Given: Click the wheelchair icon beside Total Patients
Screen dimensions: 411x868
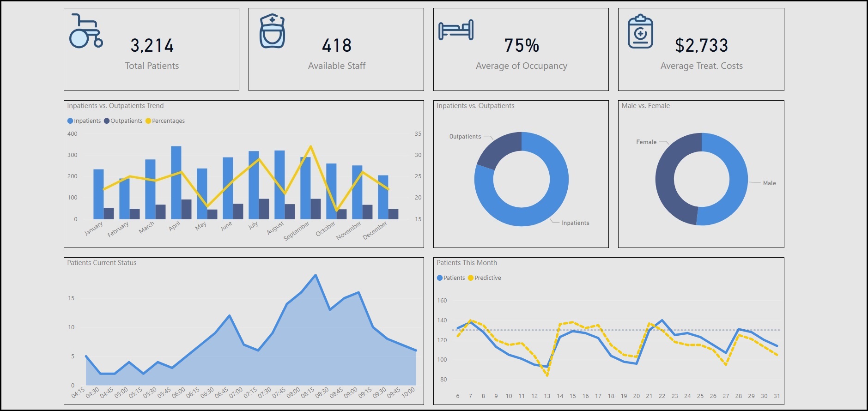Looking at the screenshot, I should (x=86, y=31).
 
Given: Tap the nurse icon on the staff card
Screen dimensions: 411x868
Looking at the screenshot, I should (x=272, y=31).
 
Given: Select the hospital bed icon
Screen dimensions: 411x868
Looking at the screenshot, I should (x=456, y=30).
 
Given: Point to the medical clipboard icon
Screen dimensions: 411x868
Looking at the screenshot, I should (x=640, y=31).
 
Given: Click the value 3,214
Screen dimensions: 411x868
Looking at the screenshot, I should (x=152, y=46).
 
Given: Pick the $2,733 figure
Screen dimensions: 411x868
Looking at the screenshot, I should (x=701, y=46).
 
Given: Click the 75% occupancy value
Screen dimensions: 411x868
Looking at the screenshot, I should (x=522, y=46).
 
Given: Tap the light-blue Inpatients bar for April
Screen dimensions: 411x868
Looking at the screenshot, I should (x=176, y=182).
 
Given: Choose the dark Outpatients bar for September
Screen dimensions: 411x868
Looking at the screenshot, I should (x=316, y=209).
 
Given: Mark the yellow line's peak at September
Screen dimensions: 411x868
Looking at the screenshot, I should (x=310, y=146).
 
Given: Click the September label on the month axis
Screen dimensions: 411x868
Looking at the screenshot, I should (x=297, y=230).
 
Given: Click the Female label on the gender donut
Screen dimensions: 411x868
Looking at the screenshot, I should (x=646, y=142).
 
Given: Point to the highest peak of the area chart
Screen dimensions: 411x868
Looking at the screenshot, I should (x=316, y=275).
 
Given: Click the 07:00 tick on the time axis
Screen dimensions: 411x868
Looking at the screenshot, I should (x=236, y=393).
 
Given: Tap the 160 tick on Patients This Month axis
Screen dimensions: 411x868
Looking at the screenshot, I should (x=442, y=301).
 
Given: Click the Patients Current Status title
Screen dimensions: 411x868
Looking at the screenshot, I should (x=102, y=263).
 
